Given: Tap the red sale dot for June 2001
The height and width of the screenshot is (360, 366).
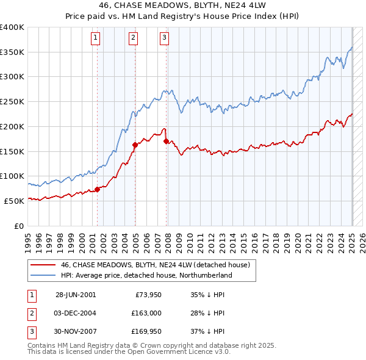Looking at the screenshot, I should (x=97, y=189).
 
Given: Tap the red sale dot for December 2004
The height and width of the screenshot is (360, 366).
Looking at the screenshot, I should (x=135, y=145).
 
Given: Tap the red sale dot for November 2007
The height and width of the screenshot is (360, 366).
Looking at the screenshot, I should (x=166, y=141).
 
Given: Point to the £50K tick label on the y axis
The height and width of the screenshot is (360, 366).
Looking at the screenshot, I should (x=15, y=200).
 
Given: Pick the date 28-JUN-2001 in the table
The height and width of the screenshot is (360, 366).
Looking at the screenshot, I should (x=76, y=295).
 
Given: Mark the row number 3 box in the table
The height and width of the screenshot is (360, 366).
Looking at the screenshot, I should (x=31, y=331).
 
